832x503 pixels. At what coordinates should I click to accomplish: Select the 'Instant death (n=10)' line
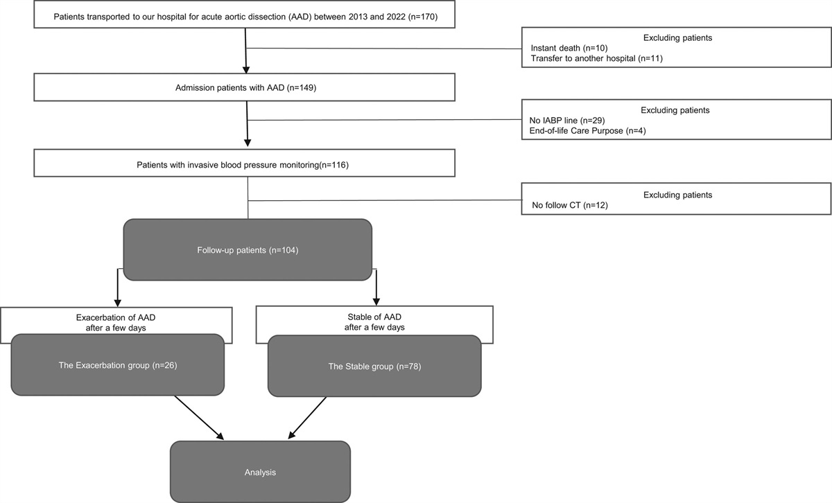[570, 48]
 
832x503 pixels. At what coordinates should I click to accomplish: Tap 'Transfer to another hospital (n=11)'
[597, 58]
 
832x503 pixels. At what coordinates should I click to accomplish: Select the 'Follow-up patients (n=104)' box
[247, 249]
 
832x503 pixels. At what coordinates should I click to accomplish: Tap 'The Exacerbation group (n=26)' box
[118, 364]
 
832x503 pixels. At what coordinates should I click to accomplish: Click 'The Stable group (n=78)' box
[374, 364]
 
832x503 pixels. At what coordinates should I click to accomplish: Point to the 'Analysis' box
[261, 472]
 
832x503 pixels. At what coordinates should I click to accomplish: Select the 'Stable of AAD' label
[374, 317]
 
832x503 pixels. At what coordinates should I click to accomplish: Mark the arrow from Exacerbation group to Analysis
[200, 417]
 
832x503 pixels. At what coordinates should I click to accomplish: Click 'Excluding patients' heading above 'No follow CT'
[676, 195]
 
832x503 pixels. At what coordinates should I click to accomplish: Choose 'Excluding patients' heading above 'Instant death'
[676, 37]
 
